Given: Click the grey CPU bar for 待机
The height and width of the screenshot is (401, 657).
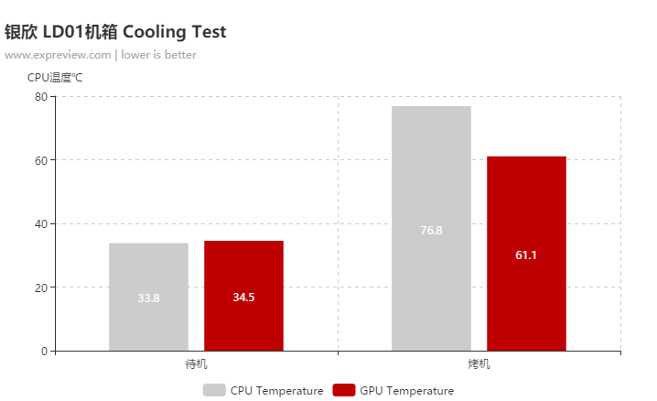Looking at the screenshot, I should pyautogui.click(x=148, y=275).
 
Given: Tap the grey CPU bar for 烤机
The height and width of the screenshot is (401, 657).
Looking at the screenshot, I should pyautogui.click(x=431, y=183).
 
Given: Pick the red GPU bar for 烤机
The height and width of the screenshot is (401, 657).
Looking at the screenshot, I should pyautogui.click(x=526, y=211).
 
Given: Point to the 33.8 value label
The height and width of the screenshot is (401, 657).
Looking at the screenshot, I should pyautogui.click(x=148, y=298).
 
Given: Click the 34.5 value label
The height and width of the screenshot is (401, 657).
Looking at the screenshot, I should pyautogui.click(x=243, y=297).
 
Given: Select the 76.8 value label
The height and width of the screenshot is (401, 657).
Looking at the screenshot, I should pyautogui.click(x=431, y=230).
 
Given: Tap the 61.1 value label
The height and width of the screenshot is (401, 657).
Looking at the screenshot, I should pyautogui.click(x=526, y=255).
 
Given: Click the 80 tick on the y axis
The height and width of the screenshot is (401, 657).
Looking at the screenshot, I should pyautogui.click(x=41, y=96).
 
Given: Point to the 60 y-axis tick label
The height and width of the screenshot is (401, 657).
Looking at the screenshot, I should pyautogui.click(x=41, y=160).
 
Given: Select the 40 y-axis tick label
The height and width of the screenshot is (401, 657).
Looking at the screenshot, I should pyautogui.click(x=41, y=223).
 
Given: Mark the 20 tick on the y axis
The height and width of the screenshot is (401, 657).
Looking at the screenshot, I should pyautogui.click(x=41, y=287).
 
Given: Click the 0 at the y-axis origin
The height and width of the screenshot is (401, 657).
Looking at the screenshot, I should pyautogui.click(x=44, y=351).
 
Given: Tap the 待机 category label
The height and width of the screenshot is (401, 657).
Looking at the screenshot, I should pyautogui.click(x=196, y=364).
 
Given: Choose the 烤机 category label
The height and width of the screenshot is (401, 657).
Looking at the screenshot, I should pyautogui.click(x=479, y=364).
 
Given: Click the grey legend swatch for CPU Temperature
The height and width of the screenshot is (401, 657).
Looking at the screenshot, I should pyautogui.click(x=213, y=391).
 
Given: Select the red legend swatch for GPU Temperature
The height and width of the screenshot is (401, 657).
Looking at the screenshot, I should pyautogui.click(x=343, y=391).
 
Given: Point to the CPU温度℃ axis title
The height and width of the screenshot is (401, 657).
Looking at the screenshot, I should pyautogui.click(x=55, y=78).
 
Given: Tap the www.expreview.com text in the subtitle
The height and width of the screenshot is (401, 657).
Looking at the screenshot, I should pyautogui.click(x=57, y=55).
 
